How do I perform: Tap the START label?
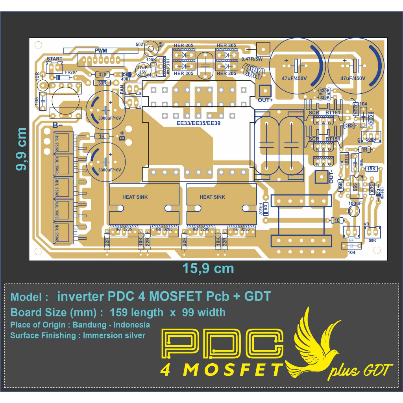[x=54, y=59]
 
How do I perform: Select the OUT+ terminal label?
[x=265, y=100]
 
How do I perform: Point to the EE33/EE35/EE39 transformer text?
[x=198, y=123]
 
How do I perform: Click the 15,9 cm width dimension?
[x=208, y=268]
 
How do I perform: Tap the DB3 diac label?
[x=349, y=125]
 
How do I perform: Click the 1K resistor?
[x=102, y=136]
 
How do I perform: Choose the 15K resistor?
[x=371, y=168]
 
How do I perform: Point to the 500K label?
[x=371, y=139]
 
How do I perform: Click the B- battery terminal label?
[x=58, y=126]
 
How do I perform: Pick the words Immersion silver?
[x=114, y=335]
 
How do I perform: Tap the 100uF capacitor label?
[x=355, y=203]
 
